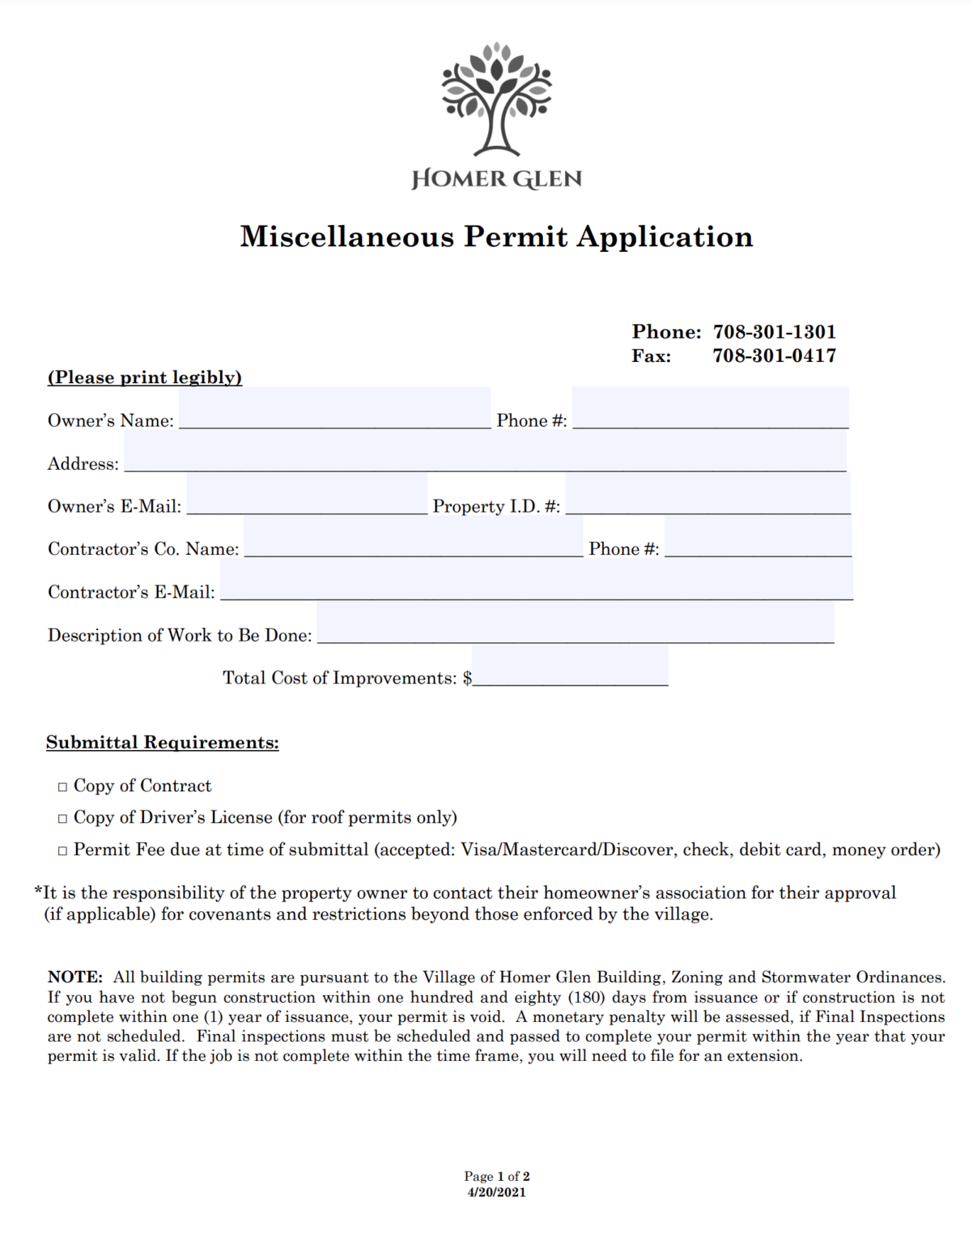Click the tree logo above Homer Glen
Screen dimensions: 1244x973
pos(496,99)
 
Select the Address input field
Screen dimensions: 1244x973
pos(485,452)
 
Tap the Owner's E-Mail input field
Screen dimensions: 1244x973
pos(307,495)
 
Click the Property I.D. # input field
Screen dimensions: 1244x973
pos(707,495)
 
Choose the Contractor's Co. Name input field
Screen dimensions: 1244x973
pos(413,538)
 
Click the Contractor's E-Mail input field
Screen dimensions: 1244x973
pos(536,581)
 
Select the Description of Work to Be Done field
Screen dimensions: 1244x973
pos(575,624)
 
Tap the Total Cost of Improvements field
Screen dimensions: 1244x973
pos(570,667)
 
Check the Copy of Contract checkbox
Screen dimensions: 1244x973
pos(63,787)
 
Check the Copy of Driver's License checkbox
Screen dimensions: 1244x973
pos(63,819)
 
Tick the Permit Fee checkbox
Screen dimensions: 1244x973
pos(63,851)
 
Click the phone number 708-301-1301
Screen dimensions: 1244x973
pos(774,332)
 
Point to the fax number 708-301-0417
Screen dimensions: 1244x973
pos(774,356)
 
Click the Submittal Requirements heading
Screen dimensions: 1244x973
pos(162,743)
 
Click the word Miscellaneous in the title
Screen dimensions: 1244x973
pos(346,236)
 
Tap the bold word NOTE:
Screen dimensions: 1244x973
pos(74,978)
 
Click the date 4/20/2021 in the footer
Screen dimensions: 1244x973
pos(496,1192)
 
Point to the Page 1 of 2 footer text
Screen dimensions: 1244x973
pos(496,1176)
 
